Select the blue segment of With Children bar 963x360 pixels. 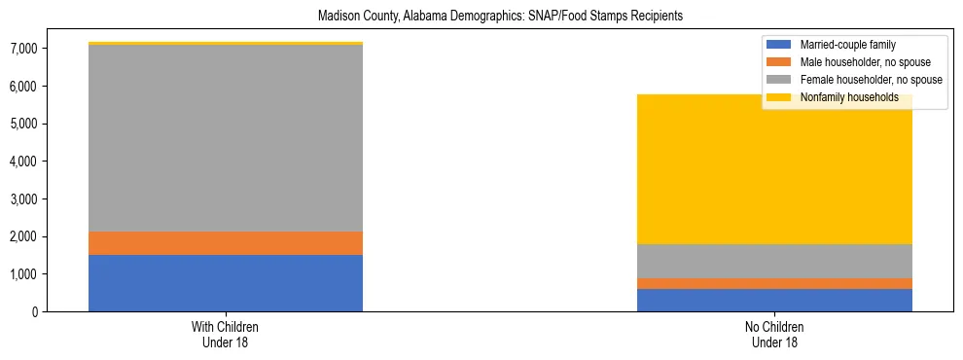[226, 283]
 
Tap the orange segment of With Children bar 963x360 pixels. [226, 243]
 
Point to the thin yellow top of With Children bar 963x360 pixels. [226, 44]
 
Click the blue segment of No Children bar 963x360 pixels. [774, 300]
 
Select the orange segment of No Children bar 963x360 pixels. [774, 283]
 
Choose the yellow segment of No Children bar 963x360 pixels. [774, 170]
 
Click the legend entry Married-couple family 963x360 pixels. [847, 45]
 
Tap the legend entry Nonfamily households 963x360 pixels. [841, 97]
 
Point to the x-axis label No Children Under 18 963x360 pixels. [774, 335]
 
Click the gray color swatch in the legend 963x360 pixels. [779, 80]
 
